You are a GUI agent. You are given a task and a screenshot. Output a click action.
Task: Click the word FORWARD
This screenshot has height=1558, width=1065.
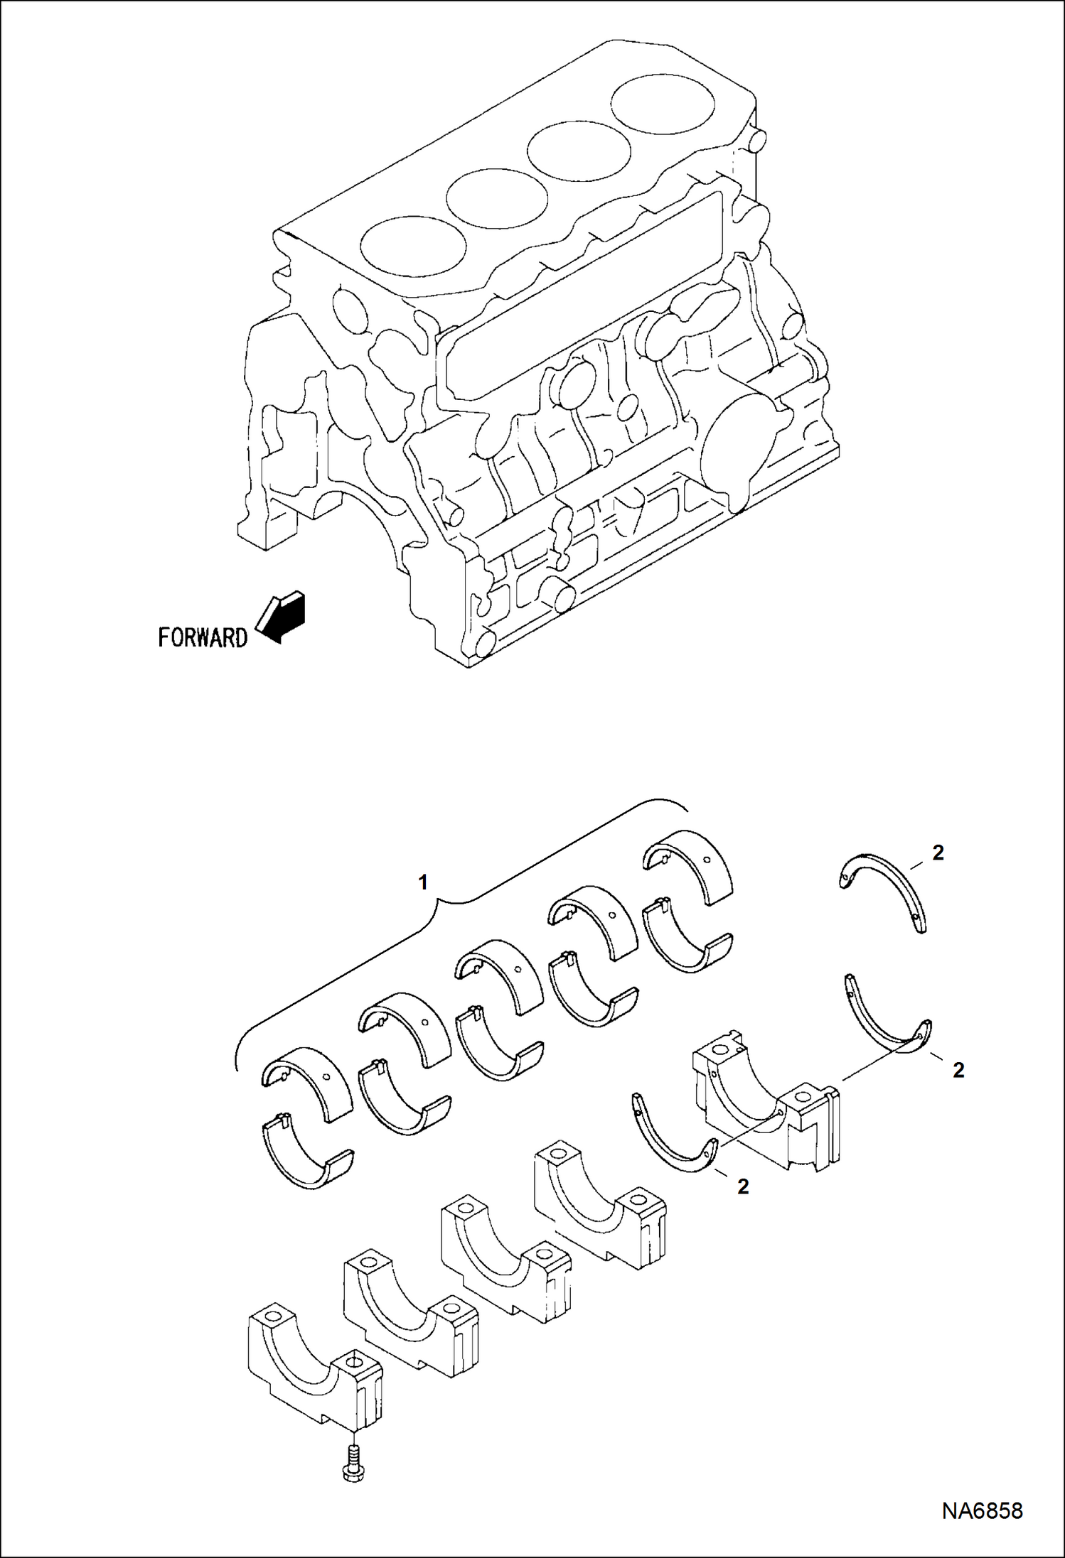click(x=203, y=637)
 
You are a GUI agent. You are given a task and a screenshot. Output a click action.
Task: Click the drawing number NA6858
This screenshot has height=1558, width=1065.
click(x=983, y=1510)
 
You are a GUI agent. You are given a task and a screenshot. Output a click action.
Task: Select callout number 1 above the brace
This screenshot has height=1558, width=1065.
click(x=424, y=883)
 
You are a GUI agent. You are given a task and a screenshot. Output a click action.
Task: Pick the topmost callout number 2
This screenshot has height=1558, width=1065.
click(x=938, y=853)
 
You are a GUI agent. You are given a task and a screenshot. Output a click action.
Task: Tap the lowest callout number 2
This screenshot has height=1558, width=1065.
click(x=743, y=1186)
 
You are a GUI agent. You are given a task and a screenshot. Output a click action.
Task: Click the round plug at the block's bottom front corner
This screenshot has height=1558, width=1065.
click(x=485, y=643)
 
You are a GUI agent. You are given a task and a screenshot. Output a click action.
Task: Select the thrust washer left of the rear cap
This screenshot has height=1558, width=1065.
click(x=672, y=1137)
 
